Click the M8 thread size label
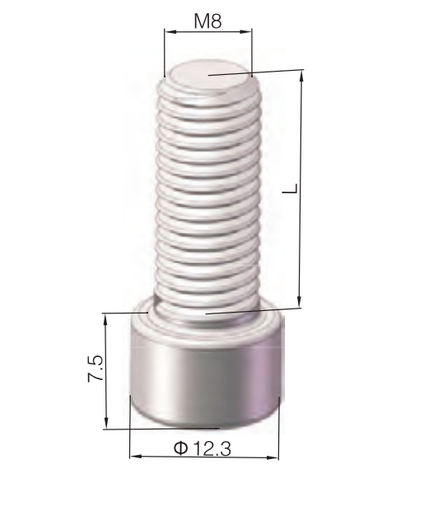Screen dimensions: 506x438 (x=207, y=21)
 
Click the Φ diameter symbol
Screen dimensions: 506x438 (x=181, y=448)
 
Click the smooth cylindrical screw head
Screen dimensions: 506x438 (x=206, y=378)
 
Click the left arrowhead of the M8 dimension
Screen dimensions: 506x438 (x=169, y=32)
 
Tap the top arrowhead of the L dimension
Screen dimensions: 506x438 (x=302, y=76)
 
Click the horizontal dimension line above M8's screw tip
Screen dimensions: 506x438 (x=208, y=32)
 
